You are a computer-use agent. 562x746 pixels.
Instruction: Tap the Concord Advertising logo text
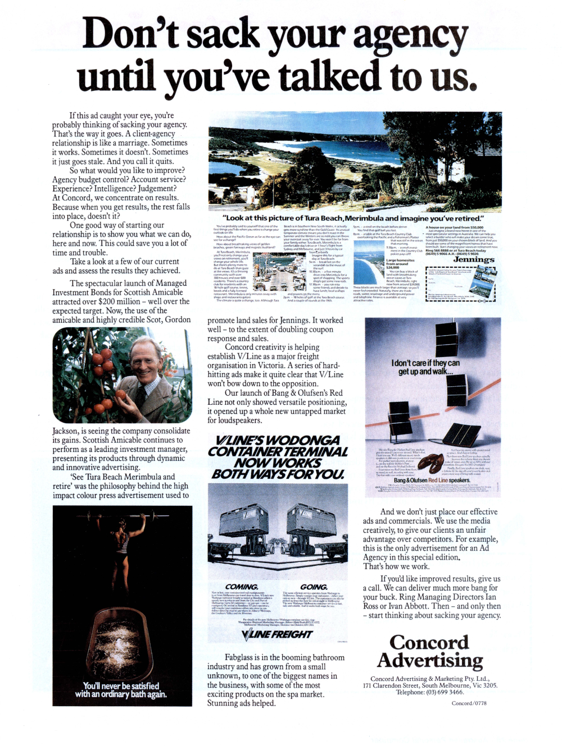(x=430, y=651)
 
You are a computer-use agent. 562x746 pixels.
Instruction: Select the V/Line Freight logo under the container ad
(x=277, y=634)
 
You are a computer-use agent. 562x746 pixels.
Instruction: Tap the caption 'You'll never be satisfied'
(x=121, y=686)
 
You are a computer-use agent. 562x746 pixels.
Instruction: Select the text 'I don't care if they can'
(x=425, y=363)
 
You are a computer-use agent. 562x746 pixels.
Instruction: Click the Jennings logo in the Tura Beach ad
(x=474, y=259)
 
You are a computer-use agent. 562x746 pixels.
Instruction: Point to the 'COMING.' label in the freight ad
(x=242, y=587)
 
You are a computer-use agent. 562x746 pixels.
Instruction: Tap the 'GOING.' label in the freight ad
(x=314, y=587)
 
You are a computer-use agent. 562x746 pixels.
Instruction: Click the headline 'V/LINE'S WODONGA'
(x=278, y=441)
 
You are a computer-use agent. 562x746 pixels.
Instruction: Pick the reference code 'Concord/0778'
(x=469, y=703)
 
